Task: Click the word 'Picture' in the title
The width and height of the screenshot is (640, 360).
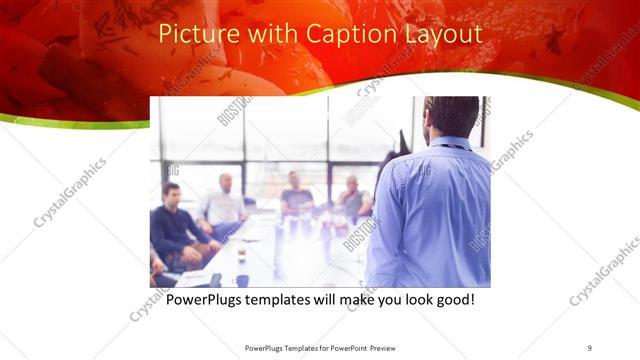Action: (196, 34)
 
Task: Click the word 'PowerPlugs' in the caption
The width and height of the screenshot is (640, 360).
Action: (207, 298)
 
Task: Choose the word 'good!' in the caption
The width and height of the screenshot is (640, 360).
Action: (452, 298)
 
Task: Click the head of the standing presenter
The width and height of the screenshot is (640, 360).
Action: (452, 118)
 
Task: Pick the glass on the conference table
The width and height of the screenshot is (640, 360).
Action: (242, 257)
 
